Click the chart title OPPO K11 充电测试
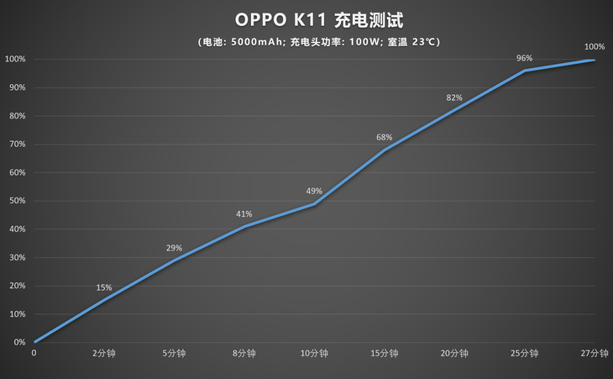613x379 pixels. pyautogui.click(x=306, y=18)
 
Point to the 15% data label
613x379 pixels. pyautogui.click(x=104, y=287)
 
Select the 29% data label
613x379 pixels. pyautogui.click(x=174, y=248)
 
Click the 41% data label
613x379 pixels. pyautogui.click(x=244, y=213)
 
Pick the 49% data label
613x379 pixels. pyautogui.click(x=314, y=191)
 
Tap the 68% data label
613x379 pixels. pyautogui.click(x=385, y=137)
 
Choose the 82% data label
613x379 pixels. pyautogui.click(x=454, y=97)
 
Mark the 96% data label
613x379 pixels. pyautogui.click(x=525, y=58)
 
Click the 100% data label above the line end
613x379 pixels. pyautogui.click(x=595, y=46)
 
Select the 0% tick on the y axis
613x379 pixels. pyautogui.click(x=18, y=342)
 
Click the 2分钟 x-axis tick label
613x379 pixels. pyautogui.click(x=104, y=355)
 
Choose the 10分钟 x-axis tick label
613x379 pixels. pyautogui.click(x=314, y=355)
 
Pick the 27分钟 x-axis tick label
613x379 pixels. pyautogui.click(x=595, y=355)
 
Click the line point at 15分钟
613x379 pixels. pyautogui.click(x=385, y=150)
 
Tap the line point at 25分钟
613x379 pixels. pyautogui.click(x=525, y=71)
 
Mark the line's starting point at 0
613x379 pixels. pyautogui.click(x=34, y=342)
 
